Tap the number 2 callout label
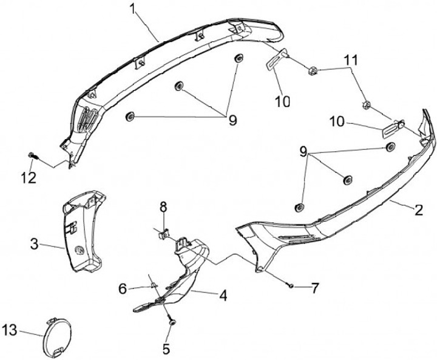(x=418, y=211)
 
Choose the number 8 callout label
(x=163, y=208)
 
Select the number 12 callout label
(x=29, y=177)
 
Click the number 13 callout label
(x=8, y=330)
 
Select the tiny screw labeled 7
(x=292, y=285)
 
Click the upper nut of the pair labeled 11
(x=313, y=71)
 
